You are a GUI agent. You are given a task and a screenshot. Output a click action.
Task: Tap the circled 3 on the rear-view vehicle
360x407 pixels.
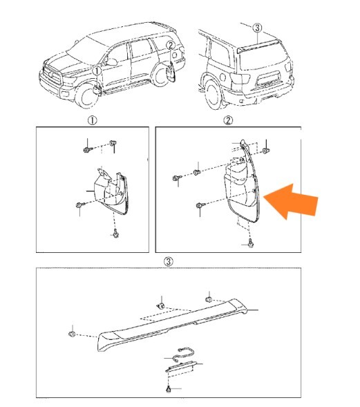[257, 28]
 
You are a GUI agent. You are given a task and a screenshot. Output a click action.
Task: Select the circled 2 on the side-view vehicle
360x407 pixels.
[170, 46]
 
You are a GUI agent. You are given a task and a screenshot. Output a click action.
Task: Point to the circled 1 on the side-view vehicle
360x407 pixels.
[97, 70]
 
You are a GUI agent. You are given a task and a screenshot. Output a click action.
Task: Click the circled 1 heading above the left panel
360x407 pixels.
[93, 120]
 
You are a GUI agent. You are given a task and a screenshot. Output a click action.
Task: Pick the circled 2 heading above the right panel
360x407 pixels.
[228, 120]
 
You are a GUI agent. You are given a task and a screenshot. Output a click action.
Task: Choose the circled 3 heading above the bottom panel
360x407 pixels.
[169, 261]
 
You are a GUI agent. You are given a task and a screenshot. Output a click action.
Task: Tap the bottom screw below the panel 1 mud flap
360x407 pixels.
[115, 234]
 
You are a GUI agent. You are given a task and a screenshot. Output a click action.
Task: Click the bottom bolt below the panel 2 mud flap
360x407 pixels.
[250, 243]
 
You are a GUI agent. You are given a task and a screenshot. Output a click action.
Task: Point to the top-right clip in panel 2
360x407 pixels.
[266, 151]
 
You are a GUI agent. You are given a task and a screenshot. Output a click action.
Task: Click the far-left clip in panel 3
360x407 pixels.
[72, 334]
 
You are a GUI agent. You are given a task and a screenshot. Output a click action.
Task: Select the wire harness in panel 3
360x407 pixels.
[184, 354]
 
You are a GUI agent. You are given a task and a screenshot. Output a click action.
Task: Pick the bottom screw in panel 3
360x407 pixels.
[169, 389]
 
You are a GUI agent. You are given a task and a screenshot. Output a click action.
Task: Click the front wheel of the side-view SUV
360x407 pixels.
[86, 95]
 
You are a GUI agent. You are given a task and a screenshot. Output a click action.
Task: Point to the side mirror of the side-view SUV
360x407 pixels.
[111, 62]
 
